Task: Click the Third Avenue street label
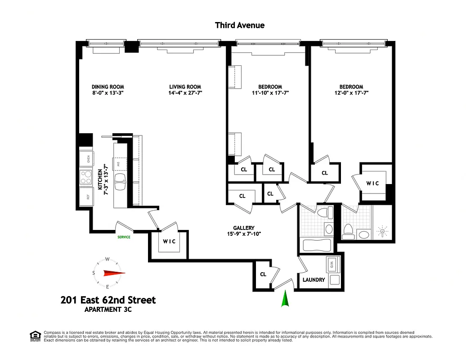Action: (x=240, y=25)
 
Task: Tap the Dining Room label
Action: (x=108, y=87)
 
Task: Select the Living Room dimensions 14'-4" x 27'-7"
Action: (x=185, y=93)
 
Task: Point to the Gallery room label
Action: (x=244, y=228)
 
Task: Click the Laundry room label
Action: (x=314, y=279)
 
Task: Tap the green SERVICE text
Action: (x=124, y=237)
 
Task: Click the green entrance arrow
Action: (x=284, y=299)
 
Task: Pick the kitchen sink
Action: (x=121, y=183)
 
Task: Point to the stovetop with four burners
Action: (x=85, y=177)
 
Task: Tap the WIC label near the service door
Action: (x=169, y=241)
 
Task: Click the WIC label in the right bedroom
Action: (x=373, y=183)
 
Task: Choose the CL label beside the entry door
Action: (x=263, y=274)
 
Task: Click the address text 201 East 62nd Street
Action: (x=108, y=300)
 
